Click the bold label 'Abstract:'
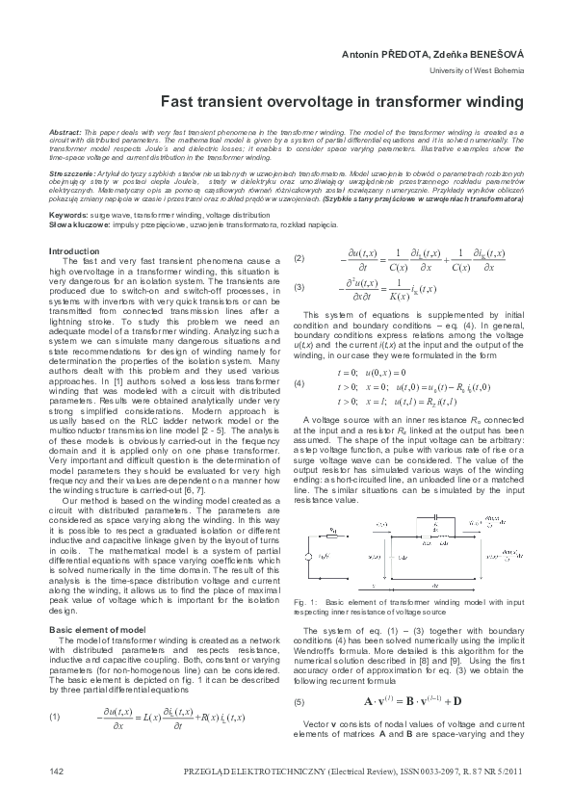[x=65, y=129]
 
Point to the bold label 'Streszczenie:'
[x=69, y=170]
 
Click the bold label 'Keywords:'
[x=68, y=215]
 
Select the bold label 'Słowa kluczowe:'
[x=75, y=222]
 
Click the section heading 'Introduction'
[x=73, y=251]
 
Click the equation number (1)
[x=55, y=717]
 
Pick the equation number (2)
[x=300, y=259]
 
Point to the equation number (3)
[x=300, y=287]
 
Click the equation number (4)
[x=300, y=384]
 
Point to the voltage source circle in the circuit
[x=308, y=556]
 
